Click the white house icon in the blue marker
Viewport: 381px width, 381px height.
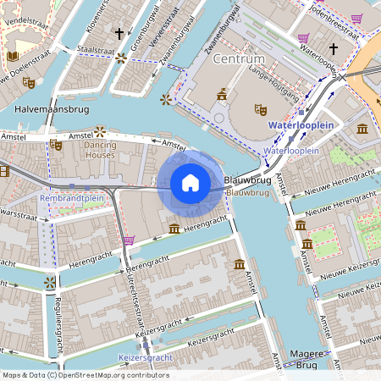pyautogui.click(x=190, y=183)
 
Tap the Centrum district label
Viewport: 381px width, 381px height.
pyautogui.click(x=239, y=58)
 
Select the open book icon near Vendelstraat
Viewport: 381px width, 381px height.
pyautogui.click(x=12, y=56)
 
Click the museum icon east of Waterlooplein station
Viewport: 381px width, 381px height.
pyautogui.click(x=362, y=129)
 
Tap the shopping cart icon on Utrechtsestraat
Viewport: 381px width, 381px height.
pyautogui.click(x=128, y=240)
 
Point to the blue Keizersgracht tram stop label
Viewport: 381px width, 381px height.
pyautogui.click(x=145, y=357)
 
